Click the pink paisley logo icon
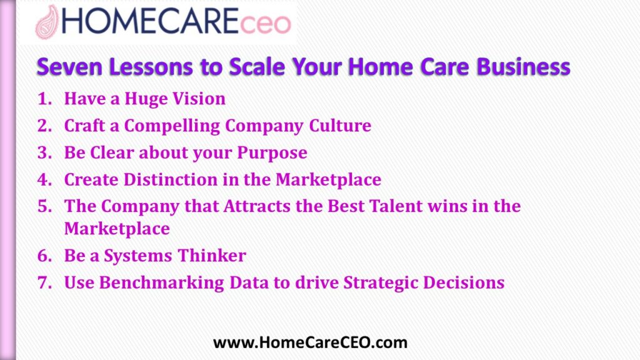click(x=47, y=22)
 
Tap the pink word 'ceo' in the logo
click(x=265, y=24)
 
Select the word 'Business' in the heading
click(x=523, y=66)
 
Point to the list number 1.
click(x=44, y=99)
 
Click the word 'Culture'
click(x=340, y=126)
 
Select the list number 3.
click(x=44, y=152)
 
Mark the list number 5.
click(x=44, y=206)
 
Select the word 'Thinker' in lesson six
click(x=212, y=256)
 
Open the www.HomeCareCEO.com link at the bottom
click(x=310, y=342)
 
